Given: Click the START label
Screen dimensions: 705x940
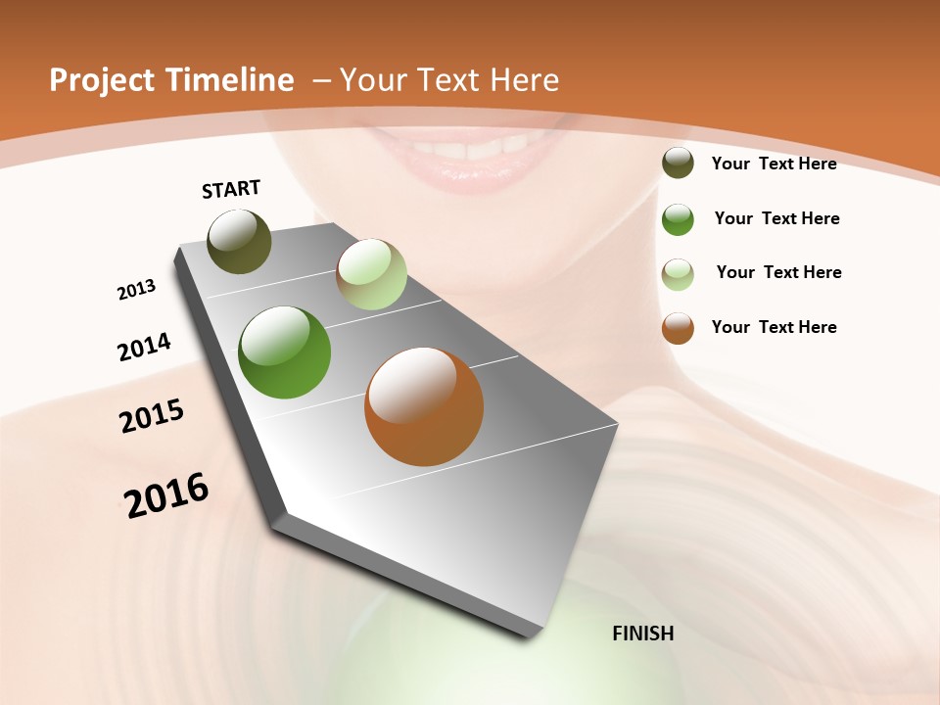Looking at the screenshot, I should click(231, 189).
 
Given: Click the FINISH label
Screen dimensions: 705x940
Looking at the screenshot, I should click(642, 634).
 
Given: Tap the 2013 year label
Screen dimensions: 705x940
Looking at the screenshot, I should click(136, 290).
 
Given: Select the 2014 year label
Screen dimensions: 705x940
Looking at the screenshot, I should click(144, 347).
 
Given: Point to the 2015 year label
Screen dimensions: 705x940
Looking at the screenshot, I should click(152, 416).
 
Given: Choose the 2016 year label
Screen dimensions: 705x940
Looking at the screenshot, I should click(166, 494).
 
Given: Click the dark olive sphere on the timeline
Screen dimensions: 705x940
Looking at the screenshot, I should click(239, 241).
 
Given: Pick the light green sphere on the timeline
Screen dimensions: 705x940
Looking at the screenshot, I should click(371, 274).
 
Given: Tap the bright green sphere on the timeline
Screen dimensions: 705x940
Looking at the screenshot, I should click(285, 352).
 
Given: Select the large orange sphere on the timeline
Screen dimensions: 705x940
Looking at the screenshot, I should click(424, 406).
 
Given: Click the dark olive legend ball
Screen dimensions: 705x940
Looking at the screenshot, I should click(678, 164).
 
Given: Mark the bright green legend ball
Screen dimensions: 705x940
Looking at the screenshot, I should click(678, 219).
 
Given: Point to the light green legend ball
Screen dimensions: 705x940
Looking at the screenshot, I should click(678, 274).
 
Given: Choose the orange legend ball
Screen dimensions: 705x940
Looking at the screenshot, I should click(678, 328).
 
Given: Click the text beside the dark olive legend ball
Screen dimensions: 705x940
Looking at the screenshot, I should click(774, 164).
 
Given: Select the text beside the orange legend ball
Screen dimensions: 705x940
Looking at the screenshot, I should click(774, 327).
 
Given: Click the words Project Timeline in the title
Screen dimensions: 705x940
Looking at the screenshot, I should click(171, 80).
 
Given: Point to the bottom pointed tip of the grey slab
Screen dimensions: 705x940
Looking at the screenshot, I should click(530, 635).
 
